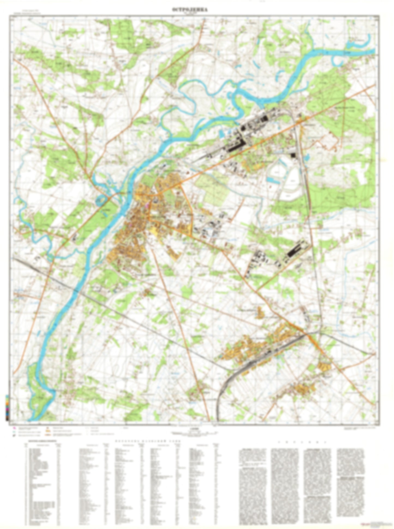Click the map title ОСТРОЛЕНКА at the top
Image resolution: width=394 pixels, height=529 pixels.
[x=190, y=10]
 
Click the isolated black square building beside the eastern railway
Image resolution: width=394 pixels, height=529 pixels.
[x=293, y=156]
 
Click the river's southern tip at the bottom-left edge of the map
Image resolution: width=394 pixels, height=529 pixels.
[x=31, y=419]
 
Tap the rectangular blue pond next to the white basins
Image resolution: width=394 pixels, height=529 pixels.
[x=271, y=180]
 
